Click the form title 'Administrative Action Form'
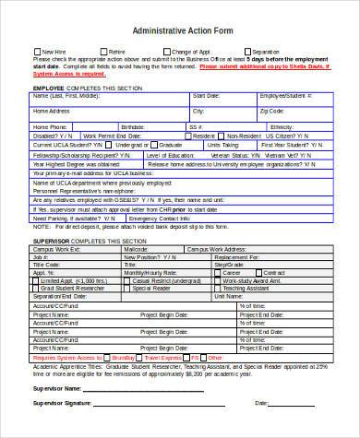(179, 30)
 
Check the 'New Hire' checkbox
(38, 52)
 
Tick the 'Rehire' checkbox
(103, 52)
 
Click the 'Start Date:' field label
(206, 95)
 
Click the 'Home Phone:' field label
(50, 126)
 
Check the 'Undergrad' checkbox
(113, 145)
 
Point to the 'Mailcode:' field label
(137, 249)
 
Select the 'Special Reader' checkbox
(128, 288)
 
